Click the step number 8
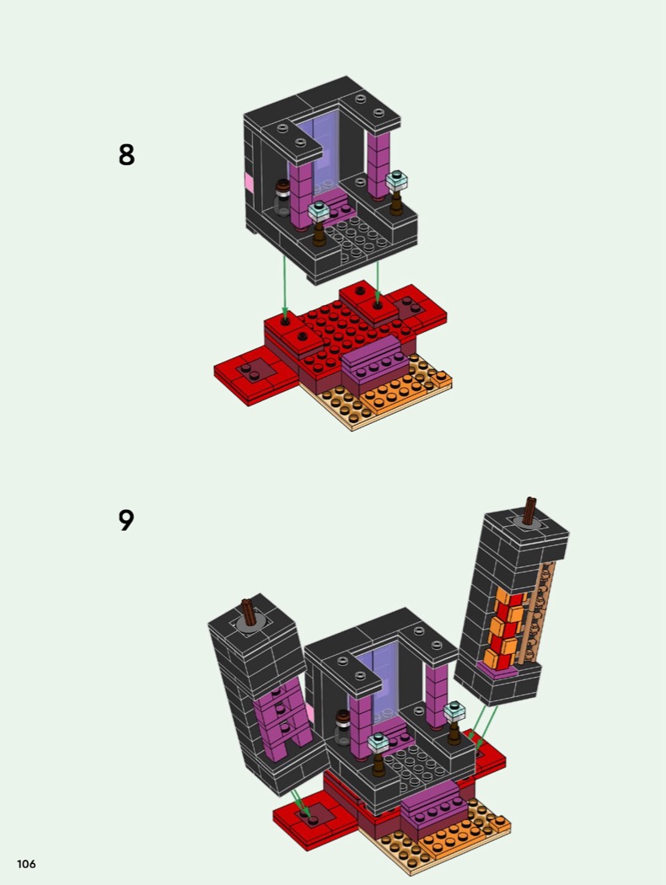click(126, 154)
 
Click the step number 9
click(126, 520)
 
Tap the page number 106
click(26, 864)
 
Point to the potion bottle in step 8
click(282, 198)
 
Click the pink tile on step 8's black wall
click(249, 182)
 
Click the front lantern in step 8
click(320, 223)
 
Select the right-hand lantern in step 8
click(397, 192)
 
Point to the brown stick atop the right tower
click(530, 511)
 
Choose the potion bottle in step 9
click(342, 728)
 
